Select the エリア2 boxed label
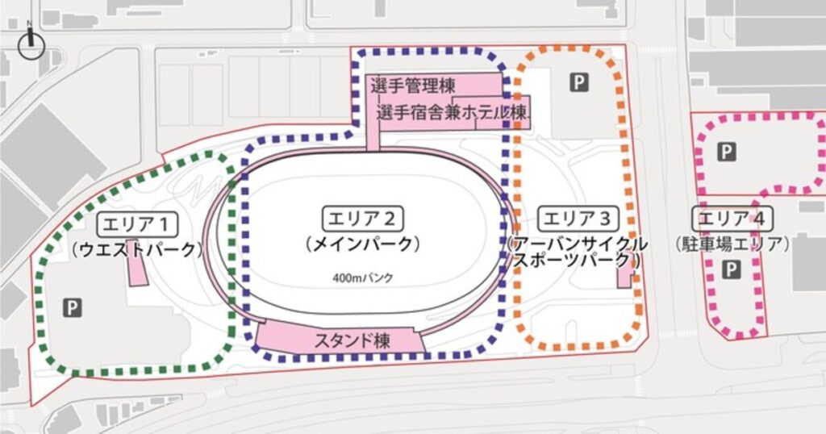(x=363, y=218)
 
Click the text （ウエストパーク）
(x=136, y=249)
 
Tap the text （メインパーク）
(x=363, y=243)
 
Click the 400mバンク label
(x=362, y=278)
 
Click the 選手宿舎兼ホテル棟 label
(x=453, y=111)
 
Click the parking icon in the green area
(x=73, y=307)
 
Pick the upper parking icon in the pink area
(x=727, y=152)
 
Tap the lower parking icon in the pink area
(x=731, y=270)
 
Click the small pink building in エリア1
(x=137, y=272)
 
